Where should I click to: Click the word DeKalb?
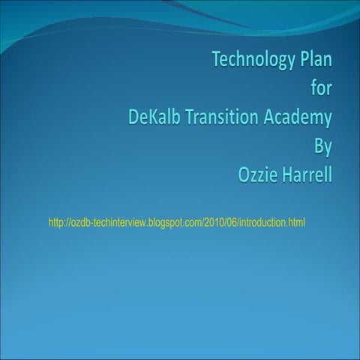point(156,118)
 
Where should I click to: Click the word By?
point(322,148)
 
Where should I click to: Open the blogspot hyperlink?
point(176,222)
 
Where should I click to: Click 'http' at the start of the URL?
point(55,222)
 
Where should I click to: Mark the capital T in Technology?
point(217,59)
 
